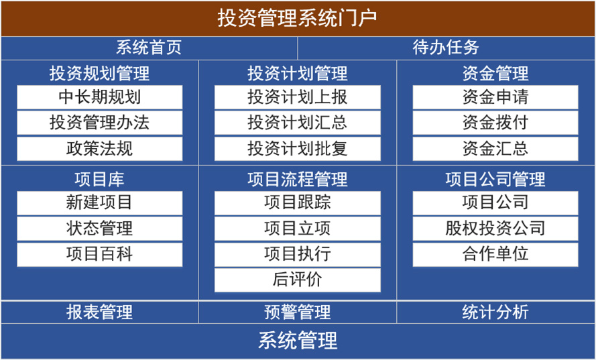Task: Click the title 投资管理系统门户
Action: pos(297,18)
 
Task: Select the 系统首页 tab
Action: pos(149,48)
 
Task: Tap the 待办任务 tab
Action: pos(446,48)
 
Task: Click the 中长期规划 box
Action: pos(100,97)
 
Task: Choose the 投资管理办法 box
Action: pos(100,123)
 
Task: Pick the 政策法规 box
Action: pos(100,148)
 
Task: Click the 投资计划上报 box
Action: pos(297,97)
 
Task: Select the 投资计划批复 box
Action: pos(297,148)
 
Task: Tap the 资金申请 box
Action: pos(495,97)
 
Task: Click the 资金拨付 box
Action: pos(495,123)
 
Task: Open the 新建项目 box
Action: pos(100,202)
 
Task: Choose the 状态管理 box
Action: pos(100,229)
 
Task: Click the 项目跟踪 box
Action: pos(297,202)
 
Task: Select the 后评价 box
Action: pos(297,280)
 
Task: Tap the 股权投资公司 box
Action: pos(495,229)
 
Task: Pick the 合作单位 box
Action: pos(495,254)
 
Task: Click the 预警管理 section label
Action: pos(297,312)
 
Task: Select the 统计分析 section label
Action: pos(495,312)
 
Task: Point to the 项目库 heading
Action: pos(100,179)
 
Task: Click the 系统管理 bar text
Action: pos(298,341)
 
